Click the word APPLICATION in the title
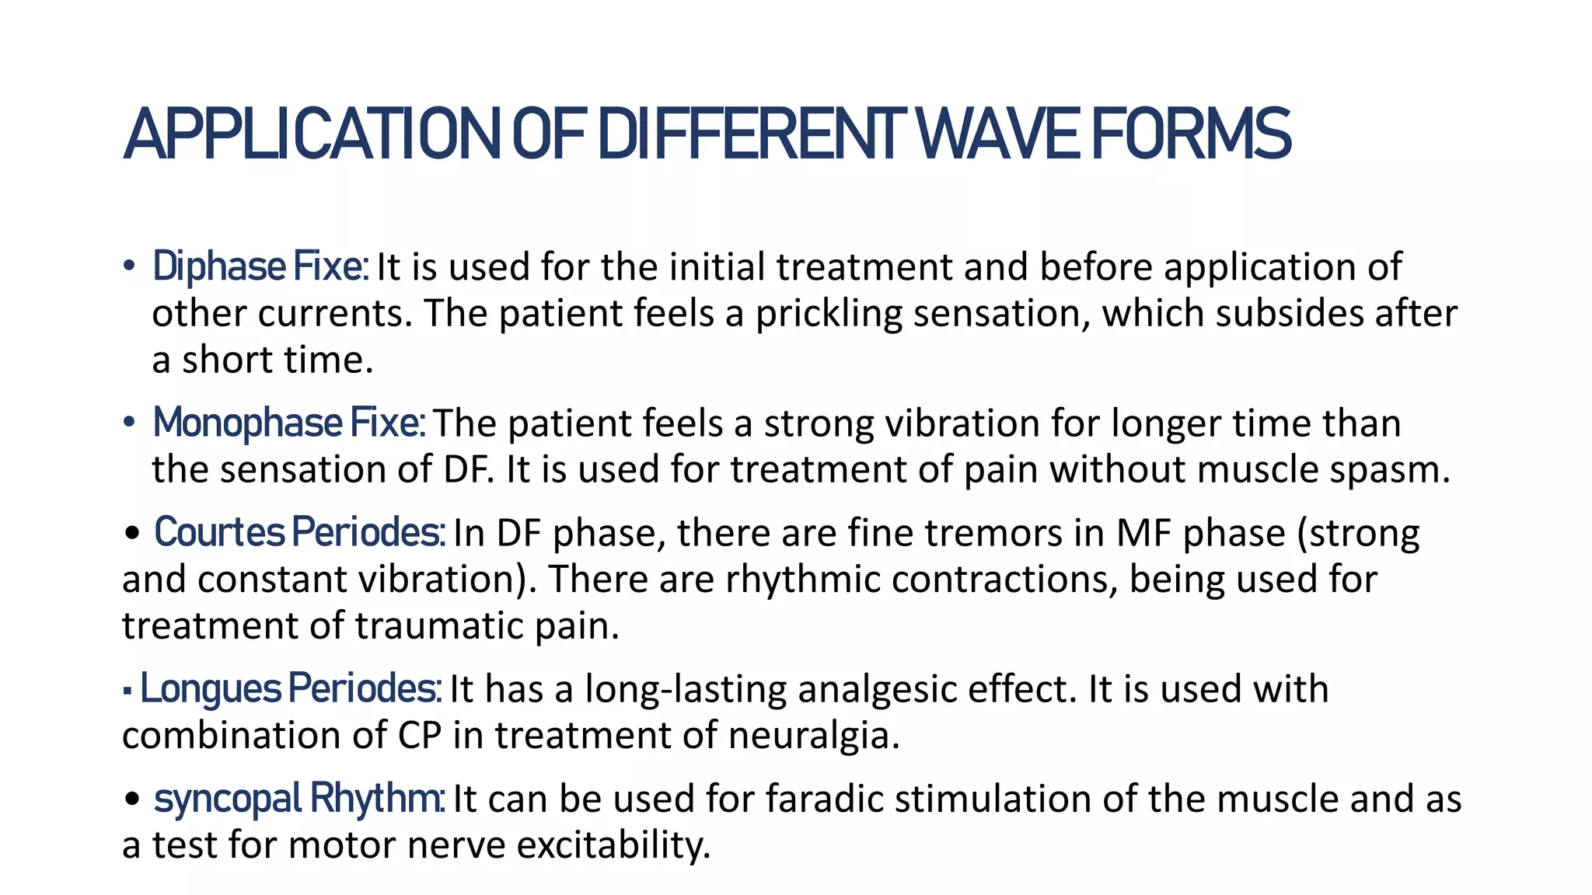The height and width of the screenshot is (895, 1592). pos(311,134)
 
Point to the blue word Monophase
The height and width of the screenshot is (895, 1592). pos(247,423)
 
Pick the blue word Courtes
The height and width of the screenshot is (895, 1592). pos(219,533)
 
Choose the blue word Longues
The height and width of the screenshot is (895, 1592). pos(210,689)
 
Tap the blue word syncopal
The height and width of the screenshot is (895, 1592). pos(227,799)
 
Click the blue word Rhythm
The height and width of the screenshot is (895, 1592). pos(377,799)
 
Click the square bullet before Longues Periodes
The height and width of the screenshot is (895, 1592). pos(127,690)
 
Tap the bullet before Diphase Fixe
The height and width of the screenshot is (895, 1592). pos(129,267)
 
